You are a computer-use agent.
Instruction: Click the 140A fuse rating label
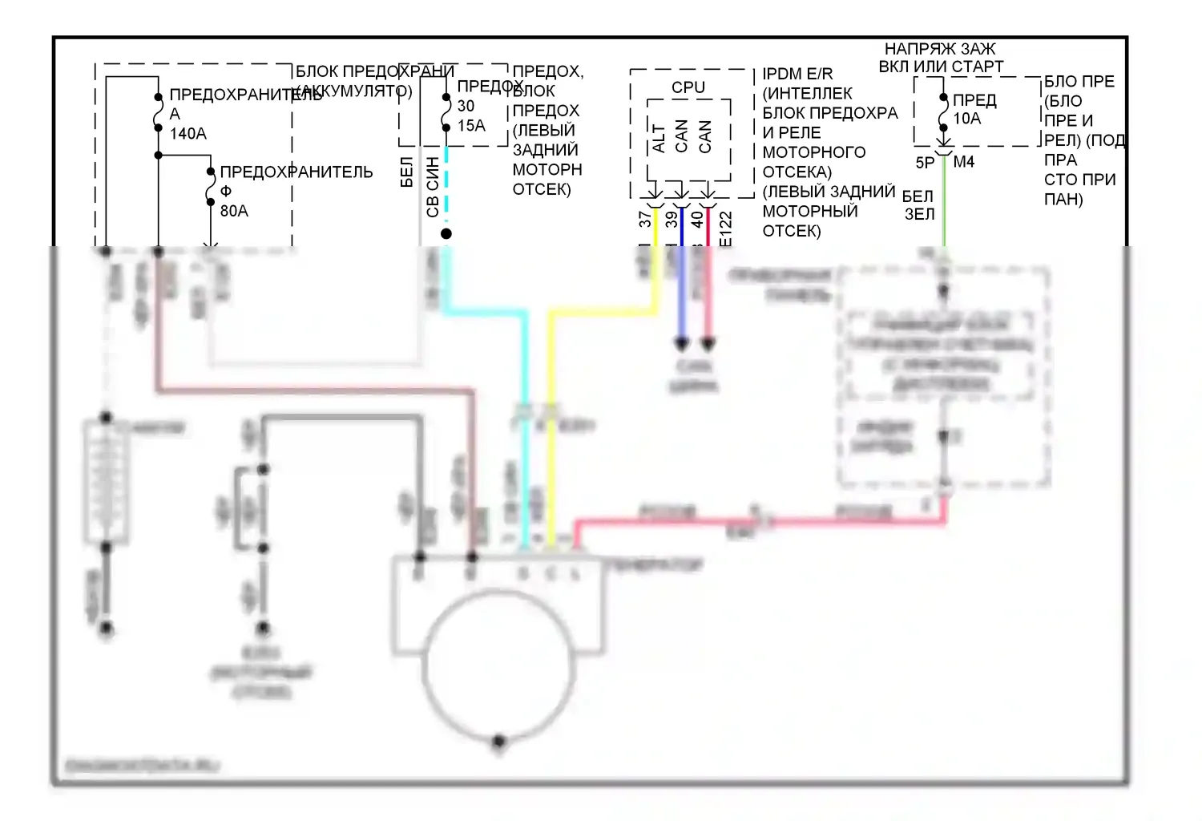188,134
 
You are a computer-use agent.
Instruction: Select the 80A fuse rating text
234,211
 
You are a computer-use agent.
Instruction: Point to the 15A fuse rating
471,126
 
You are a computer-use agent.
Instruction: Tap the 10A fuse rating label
966,119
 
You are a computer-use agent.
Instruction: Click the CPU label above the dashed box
688,87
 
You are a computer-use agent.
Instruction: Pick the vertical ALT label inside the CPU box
659,138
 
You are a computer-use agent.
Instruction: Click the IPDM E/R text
797,74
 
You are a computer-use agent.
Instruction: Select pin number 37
646,218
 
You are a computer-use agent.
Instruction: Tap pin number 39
672,218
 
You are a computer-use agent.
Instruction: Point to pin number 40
697,218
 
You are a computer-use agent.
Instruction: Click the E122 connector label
725,228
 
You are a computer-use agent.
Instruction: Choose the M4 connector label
964,162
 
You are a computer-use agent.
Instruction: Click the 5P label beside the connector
925,163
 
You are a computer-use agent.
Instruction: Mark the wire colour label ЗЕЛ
919,214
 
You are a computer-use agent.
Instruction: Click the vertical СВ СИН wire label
433,186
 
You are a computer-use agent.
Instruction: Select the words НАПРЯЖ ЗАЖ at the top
940,49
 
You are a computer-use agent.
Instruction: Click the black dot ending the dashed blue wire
446,233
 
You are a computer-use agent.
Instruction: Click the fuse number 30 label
466,106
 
